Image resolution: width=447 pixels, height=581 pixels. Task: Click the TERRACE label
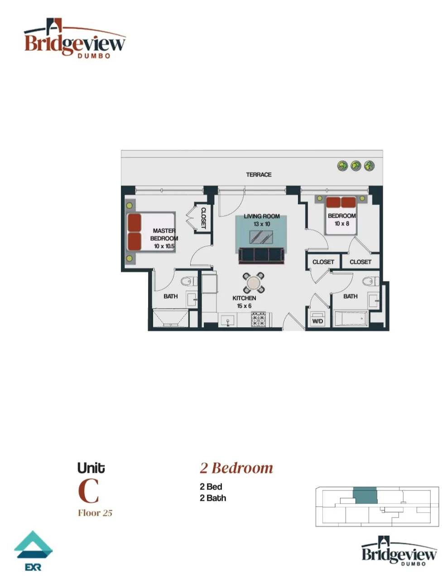259,175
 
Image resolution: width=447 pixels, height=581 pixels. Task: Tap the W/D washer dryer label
317,321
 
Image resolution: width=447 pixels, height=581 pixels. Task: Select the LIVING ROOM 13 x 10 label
261,220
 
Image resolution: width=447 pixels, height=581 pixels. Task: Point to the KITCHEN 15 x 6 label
244,302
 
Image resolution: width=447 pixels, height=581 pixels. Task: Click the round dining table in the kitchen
254,283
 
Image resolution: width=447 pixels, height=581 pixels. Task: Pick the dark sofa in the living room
262,255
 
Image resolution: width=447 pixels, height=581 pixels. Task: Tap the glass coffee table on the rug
262,237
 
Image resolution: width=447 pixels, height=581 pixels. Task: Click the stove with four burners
259,320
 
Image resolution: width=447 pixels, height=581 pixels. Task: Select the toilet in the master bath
187,282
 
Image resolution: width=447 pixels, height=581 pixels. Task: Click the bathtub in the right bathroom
350,319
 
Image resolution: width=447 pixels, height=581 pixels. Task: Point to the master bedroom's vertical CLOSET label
203,218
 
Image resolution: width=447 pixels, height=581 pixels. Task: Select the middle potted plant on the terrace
356,166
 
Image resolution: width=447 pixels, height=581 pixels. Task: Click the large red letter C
88,491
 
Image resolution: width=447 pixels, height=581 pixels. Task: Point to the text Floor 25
95,513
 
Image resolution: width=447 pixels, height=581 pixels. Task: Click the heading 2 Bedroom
236,467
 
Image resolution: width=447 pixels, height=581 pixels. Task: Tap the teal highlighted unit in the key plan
365,495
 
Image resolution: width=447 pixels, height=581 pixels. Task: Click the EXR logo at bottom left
33,550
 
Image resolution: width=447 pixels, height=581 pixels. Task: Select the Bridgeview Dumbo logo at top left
75,40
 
